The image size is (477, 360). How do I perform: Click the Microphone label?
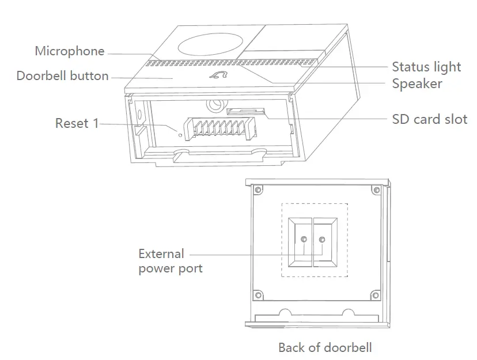pyautogui.click(x=70, y=51)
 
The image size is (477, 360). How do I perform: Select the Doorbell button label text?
pyautogui.click(x=62, y=75)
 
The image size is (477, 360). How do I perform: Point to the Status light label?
pyautogui.click(x=426, y=67)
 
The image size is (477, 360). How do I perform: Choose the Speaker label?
pyautogui.click(x=417, y=84)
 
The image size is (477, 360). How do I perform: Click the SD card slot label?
pyautogui.click(x=429, y=119)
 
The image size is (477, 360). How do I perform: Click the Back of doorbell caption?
pyautogui.click(x=325, y=347)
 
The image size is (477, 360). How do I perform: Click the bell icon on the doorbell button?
pyautogui.click(x=219, y=75)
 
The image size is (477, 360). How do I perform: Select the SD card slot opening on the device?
pyautogui.click(x=245, y=111)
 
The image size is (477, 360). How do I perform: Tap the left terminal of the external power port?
pyautogui.click(x=304, y=239)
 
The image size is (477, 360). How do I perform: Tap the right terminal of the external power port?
pyautogui.click(x=321, y=239)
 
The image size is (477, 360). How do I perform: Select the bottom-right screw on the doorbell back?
pyautogui.click(x=375, y=296)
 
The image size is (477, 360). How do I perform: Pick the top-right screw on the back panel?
pyautogui.click(x=376, y=190)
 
